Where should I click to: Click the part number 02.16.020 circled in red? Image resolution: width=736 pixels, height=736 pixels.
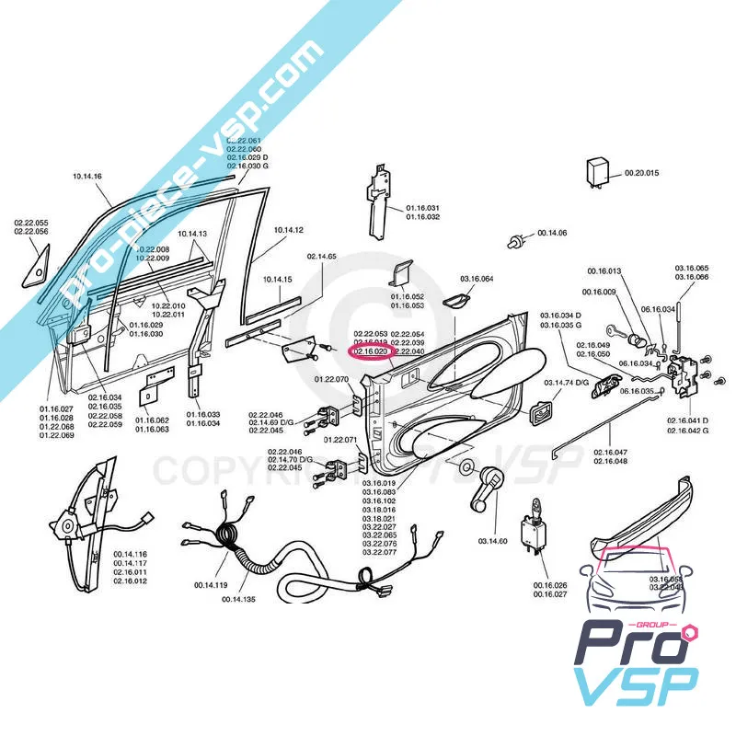[370, 351]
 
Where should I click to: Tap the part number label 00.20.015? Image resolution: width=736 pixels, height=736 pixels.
[642, 173]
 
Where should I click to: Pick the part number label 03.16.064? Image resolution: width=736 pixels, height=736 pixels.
[477, 278]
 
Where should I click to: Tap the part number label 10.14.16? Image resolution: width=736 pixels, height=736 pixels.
[86, 176]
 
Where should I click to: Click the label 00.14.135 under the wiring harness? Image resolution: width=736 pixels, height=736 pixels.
[238, 599]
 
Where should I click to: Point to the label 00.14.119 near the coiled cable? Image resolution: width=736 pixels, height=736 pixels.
[210, 584]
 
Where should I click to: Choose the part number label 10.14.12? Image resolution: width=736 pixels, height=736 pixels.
[289, 229]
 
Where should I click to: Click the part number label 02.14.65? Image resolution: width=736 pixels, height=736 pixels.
[322, 256]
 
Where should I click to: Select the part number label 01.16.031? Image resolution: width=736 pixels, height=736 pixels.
[423, 208]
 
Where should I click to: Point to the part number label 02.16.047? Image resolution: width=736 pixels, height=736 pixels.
[610, 453]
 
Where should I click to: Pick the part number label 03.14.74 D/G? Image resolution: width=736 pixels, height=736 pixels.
[565, 382]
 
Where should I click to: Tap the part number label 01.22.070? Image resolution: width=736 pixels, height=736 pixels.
[331, 378]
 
